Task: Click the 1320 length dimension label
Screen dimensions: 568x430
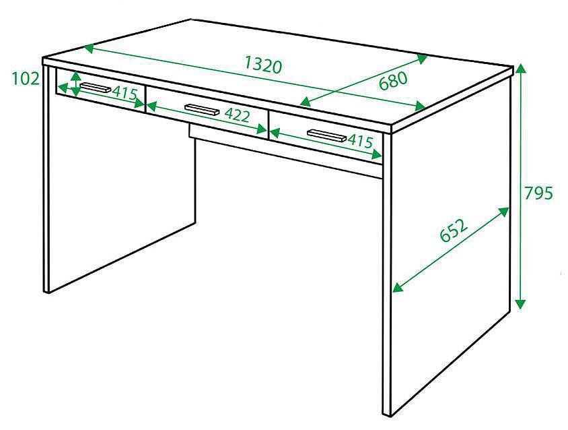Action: [263, 65]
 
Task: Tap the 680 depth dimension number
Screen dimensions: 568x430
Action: [394, 81]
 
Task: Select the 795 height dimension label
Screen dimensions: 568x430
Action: [538, 193]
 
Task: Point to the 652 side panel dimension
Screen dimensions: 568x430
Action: [454, 230]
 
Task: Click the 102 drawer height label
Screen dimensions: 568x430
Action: [26, 78]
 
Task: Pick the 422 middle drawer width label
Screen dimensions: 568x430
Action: [238, 115]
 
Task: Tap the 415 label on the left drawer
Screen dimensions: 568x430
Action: [125, 94]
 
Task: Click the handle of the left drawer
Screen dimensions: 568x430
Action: [95, 88]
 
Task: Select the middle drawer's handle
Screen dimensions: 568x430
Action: [202, 110]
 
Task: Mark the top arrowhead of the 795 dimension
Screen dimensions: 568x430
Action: [520, 68]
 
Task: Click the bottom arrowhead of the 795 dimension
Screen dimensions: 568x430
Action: [520, 304]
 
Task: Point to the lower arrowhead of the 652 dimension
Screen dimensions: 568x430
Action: [398, 287]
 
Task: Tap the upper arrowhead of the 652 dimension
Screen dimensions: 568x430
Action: [504, 212]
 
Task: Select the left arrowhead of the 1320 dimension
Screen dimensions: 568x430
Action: [89, 49]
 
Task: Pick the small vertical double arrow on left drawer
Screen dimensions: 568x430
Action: [75, 84]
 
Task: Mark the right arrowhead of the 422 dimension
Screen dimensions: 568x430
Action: [262, 129]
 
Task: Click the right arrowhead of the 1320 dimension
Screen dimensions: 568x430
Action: [420, 106]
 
